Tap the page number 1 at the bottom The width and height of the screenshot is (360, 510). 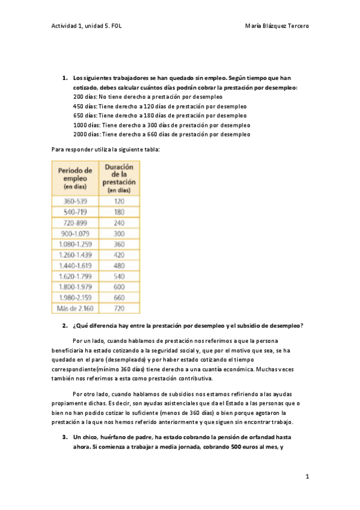307,476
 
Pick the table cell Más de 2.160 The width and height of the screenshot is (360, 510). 75,308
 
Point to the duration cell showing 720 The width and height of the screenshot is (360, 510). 119,308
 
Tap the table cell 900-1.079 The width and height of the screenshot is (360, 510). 75,234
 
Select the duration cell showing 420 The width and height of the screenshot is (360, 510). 119,255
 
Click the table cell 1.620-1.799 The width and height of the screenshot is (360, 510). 75,276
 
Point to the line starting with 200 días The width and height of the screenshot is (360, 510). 147,96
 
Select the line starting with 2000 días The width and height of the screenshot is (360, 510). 162,134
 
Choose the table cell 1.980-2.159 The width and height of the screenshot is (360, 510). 75,297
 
